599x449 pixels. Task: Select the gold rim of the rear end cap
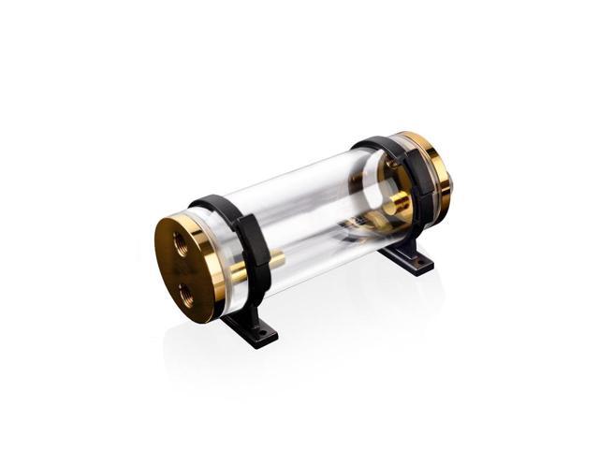point(438,154)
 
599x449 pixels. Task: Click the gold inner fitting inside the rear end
point(398,202)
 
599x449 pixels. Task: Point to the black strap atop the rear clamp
point(379,144)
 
